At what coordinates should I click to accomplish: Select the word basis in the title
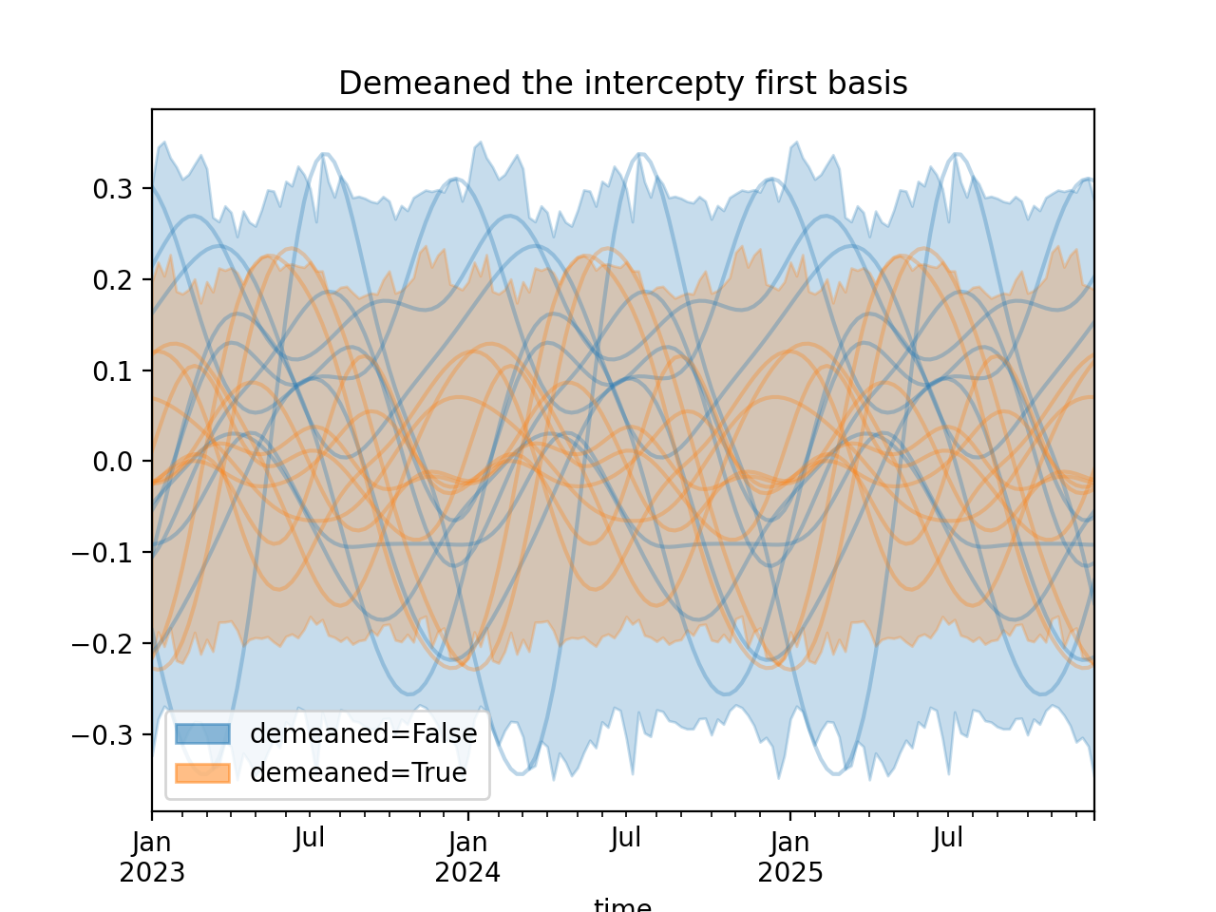pyautogui.click(x=870, y=84)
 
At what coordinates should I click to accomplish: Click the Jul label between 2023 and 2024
pyautogui.click(x=310, y=838)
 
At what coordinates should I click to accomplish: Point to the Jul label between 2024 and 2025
pyautogui.click(x=626, y=838)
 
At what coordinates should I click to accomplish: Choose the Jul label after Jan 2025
pyautogui.click(x=948, y=838)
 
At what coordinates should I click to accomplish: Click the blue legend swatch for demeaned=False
pyautogui.click(x=202, y=733)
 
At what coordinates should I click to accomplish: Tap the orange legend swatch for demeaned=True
pyautogui.click(x=202, y=773)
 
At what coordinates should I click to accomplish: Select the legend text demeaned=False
pyautogui.click(x=363, y=733)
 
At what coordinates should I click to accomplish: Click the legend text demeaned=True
pyautogui.click(x=358, y=773)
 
